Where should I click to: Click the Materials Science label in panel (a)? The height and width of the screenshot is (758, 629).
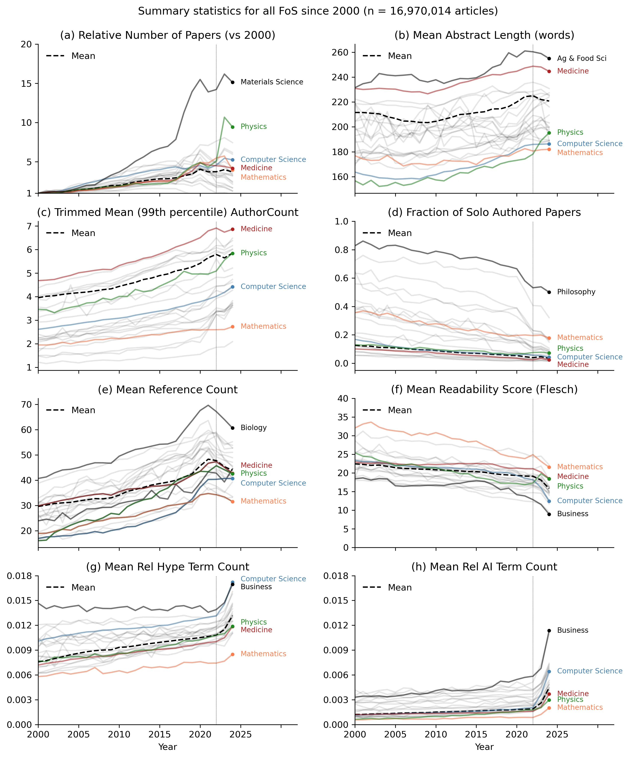(272, 82)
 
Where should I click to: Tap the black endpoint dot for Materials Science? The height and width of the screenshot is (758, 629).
(233, 82)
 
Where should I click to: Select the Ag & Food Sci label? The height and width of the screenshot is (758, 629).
(581, 58)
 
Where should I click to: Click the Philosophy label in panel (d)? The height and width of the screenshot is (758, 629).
(576, 292)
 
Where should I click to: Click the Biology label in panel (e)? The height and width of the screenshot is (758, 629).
(254, 428)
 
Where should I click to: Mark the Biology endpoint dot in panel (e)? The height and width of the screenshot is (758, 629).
(233, 428)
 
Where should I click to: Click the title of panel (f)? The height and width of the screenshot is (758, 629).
(484, 389)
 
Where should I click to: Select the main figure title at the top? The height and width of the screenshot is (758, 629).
(318, 11)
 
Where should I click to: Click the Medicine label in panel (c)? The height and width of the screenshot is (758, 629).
(256, 229)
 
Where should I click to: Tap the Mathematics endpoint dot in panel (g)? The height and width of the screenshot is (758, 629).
(233, 654)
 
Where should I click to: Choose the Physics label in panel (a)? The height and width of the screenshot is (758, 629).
(254, 126)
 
